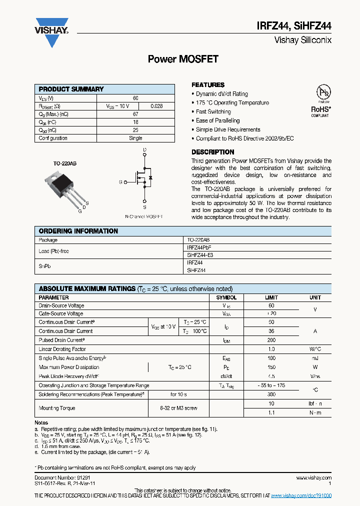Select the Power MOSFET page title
pos(183,59)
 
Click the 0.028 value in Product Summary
pos(156,106)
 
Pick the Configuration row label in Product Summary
pos(53,138)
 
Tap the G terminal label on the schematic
pos(120,182)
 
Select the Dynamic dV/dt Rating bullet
pos(221,94)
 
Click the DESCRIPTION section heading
pos(213,152)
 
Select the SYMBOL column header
pos(226,297)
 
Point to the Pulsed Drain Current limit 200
pos(271,340)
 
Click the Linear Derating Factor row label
pos(62,349)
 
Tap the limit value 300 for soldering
pos(271,394)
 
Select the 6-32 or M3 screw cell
pos(178,408)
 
